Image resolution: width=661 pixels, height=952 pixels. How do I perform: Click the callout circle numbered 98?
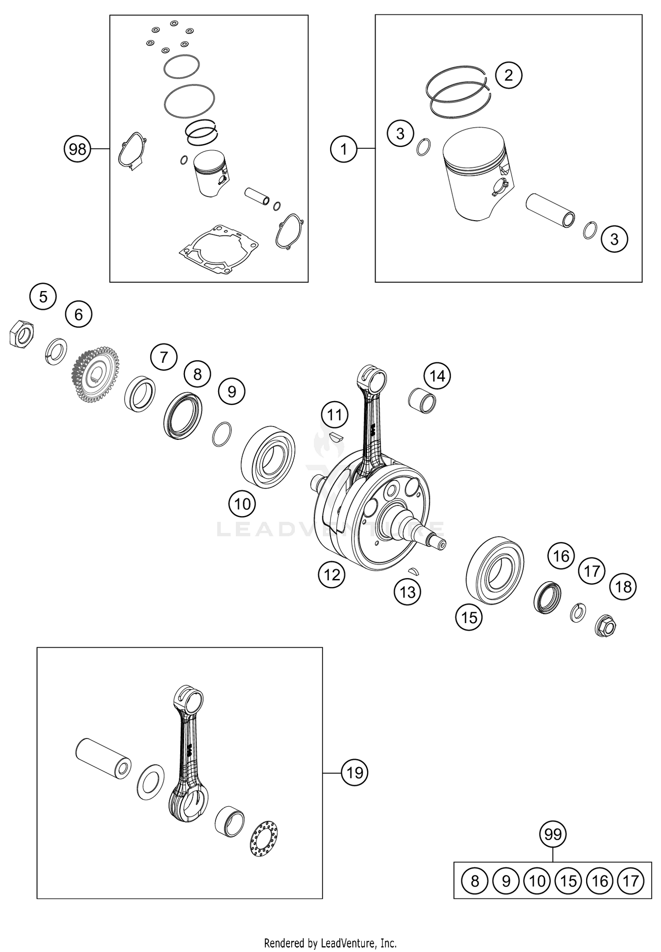pyautogui.click(x=78, y=149)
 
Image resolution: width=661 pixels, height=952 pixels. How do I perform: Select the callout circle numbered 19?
pyautogui.click(x=355, y=772)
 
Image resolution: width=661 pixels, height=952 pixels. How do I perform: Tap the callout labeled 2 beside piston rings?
pyautogui.click(x=509, y=75)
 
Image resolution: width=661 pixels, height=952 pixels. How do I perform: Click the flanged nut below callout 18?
pyautogui.click(x=606, y=625)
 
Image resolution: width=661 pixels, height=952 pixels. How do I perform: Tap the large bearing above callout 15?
pyautogui.click(x=495, y=570)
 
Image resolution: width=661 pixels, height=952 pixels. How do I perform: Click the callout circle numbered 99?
pyautogui.click(x=553, y=834)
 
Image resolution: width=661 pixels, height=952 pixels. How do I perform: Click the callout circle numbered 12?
pyautogui.click(x=332, y=574)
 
